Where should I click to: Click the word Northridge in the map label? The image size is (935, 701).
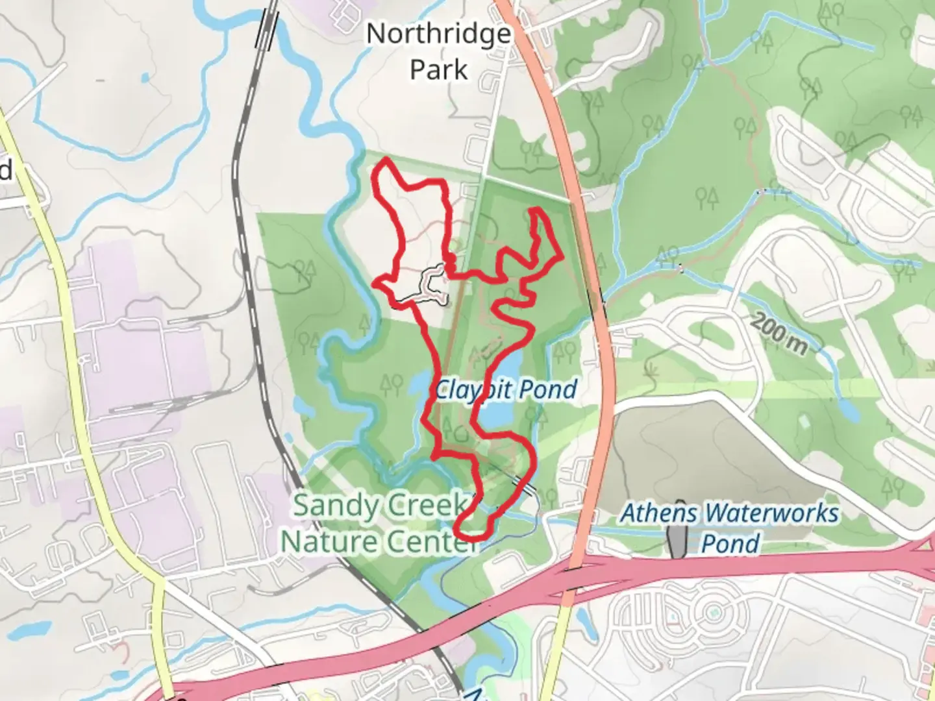438,34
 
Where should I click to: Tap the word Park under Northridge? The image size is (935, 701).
438,69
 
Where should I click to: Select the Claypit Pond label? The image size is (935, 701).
505,389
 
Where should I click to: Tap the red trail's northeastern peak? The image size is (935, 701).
537,210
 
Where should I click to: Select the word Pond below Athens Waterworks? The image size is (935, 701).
730,543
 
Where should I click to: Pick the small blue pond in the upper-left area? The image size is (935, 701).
144,78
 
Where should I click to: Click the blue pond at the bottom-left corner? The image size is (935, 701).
29,630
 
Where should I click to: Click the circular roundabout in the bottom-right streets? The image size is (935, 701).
714,611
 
